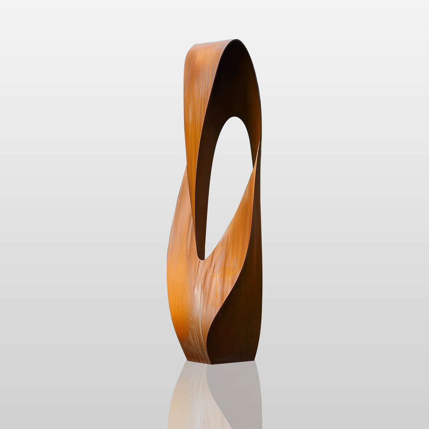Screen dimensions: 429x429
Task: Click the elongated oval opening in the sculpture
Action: click(x=226, y=184)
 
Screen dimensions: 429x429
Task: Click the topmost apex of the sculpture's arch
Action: click(x=231, y=40)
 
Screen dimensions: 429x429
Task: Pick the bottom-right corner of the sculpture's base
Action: click(x=255, y=360)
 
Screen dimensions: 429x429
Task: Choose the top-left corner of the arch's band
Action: click(x=189, y=49)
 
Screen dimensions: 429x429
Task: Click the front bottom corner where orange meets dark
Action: click(x=211, y=364)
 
